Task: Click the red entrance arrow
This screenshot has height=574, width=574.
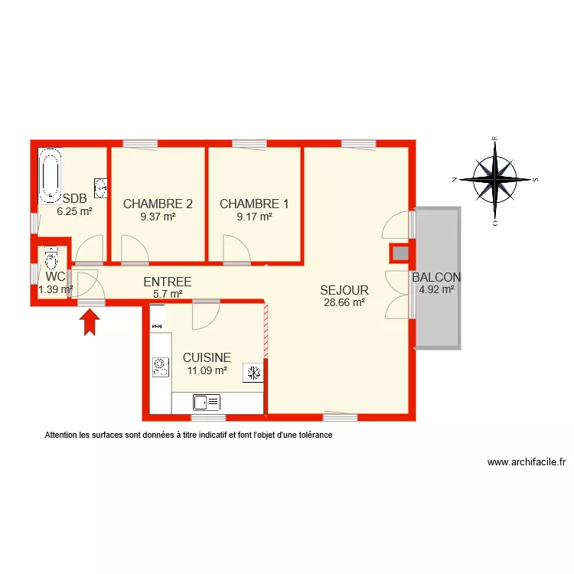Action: tap(91, 320)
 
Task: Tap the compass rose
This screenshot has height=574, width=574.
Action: tap(495, 179)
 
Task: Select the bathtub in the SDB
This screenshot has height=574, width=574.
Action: tap(51, 176)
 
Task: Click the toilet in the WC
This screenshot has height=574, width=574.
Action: tap(52, 256)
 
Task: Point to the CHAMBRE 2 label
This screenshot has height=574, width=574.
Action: tap(158, 204)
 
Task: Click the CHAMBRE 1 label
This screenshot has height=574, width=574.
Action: tap(254, 204)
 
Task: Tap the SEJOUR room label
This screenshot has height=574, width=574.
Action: tap(344, 290)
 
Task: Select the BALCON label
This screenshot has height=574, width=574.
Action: tap(436, 277)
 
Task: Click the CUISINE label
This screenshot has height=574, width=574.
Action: tap(207, 357)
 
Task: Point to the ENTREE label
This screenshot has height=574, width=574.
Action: tap(167, 282)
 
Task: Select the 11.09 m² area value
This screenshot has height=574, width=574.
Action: tap(207, 370)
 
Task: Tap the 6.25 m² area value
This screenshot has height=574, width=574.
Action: tap(74, 211)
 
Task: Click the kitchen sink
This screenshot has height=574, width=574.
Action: tap(207, 401)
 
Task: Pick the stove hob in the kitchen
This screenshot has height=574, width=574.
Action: tap(160, 367)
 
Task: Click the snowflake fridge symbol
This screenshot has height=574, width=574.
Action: tap(253, 373)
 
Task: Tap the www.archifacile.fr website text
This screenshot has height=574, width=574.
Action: tap(526, 462)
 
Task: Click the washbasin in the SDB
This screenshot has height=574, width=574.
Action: tap(99, 186)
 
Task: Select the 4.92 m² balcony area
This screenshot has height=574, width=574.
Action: tap(436, 289)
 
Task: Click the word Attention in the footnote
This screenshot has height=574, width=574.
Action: tap(62, 435)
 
